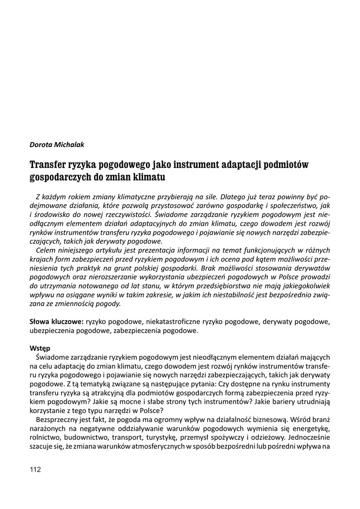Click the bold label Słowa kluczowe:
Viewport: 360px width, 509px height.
(x=56, y=322)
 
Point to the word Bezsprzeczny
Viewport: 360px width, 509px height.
(x=57, y=420)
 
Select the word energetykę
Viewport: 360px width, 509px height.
(x=308, y=429)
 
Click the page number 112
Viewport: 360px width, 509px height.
(x=35, y=469)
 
